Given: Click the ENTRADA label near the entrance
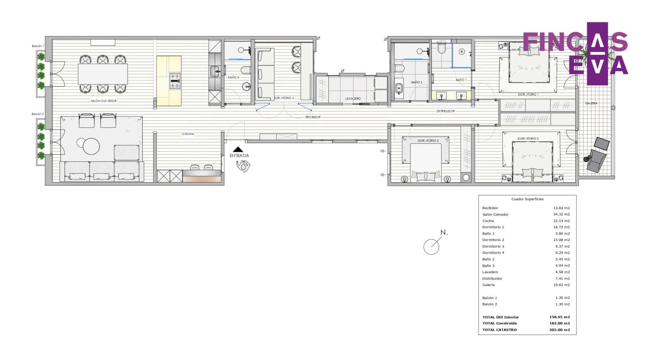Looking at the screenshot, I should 239,155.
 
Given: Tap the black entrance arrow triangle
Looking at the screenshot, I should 238,149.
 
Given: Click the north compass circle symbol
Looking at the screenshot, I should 432,246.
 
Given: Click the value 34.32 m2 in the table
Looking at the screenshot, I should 561,214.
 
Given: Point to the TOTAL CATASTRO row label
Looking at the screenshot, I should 499,330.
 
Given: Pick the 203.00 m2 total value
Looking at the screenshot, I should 559,330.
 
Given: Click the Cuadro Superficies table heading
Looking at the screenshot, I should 527,199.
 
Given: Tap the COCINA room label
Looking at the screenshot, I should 188,134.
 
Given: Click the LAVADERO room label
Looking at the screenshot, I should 353,99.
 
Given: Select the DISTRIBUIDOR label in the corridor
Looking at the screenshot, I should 445,111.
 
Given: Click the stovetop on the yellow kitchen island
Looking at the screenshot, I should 175,81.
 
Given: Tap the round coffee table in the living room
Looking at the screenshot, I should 91,147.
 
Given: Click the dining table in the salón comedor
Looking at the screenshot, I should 103,74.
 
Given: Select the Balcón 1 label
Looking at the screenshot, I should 38,46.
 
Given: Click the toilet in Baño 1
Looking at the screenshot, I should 441,49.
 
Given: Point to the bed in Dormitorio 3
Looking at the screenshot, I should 426,161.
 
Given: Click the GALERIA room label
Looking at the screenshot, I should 591,103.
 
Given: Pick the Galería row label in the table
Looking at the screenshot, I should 488,285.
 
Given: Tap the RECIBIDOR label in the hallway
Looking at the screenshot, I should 313,117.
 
